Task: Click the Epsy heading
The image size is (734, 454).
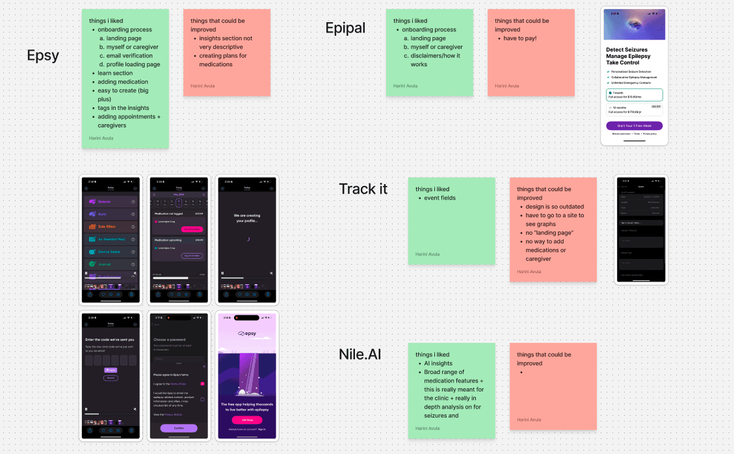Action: click(x=43, y=56)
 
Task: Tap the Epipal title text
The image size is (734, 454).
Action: click(x=345, y=28)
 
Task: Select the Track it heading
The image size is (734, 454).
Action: click(x=363, y=189)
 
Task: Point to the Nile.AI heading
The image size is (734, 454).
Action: click(x=360, y=354)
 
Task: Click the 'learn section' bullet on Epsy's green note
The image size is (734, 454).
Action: click(x=115, y=73)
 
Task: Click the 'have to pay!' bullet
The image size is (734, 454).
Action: click(x=520, y=38)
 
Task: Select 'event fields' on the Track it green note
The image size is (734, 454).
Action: click(x=439, y=198)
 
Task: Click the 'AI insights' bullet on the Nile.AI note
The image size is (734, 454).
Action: click(x=438, y=364)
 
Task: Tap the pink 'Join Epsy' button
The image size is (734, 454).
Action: click(x=246, y=420)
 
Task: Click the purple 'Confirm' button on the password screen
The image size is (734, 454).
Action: click(x=179, y=428)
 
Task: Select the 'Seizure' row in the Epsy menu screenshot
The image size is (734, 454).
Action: click(x=111, y=202)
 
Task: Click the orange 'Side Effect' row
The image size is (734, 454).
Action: click(x=111, y=226)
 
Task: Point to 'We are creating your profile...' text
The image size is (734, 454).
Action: click(x=246, y=217)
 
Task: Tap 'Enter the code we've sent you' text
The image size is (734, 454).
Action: click(x=110, y=340)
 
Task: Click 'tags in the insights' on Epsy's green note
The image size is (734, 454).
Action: click(x=123, y=108)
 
